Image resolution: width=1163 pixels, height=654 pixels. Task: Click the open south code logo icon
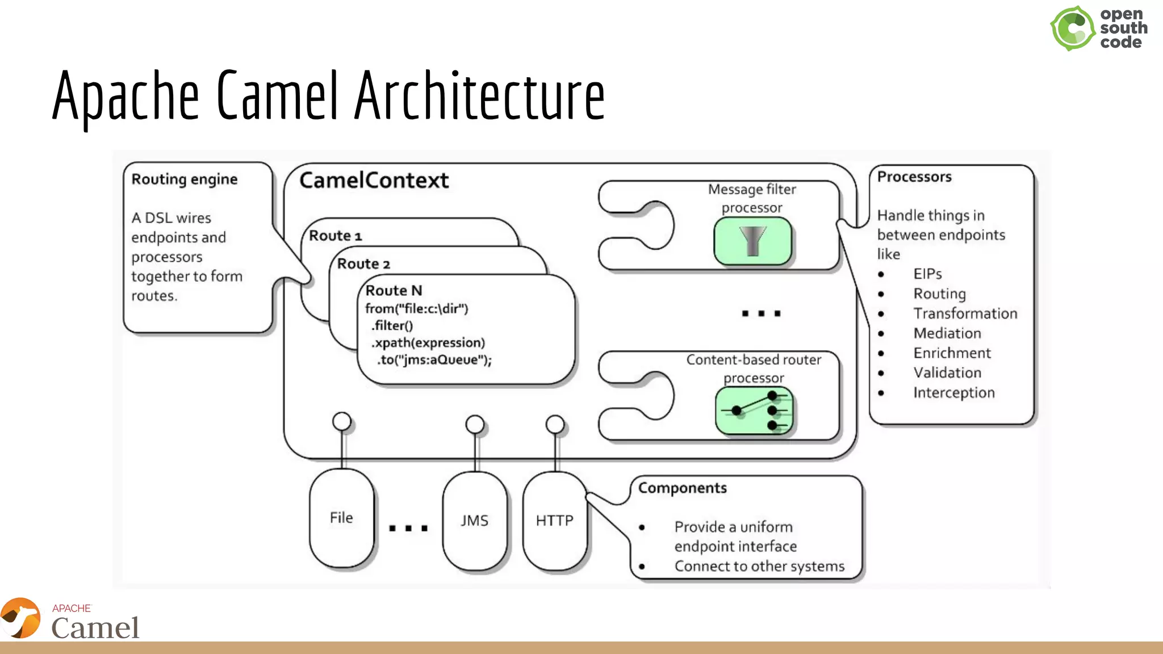pos(1072,28)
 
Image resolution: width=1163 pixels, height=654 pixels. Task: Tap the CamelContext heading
pos(374,181)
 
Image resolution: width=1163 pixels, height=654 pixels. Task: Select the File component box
pos(341,518)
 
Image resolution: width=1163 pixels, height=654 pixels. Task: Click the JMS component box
pos(474,520)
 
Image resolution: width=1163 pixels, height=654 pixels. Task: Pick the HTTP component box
pos(554,520)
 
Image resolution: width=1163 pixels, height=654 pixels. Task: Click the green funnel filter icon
pos(752,241)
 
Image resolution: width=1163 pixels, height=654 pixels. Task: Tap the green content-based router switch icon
pos(754,410)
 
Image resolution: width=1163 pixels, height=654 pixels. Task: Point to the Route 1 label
pos(335,236)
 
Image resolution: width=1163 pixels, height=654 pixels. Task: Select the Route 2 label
pos(363,264)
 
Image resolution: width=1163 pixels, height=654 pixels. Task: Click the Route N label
pos(394,291)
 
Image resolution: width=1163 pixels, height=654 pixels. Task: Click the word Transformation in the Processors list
pos(965,313)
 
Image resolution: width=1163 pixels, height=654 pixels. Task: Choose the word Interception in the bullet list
pos(953,393)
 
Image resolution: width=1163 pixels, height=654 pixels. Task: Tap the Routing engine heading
pos(185,179)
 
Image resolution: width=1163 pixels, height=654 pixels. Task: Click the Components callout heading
pos(682,488)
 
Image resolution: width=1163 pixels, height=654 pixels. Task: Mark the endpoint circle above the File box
pos(342,421)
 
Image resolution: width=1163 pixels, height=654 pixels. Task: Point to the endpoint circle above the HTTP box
pos(555,424)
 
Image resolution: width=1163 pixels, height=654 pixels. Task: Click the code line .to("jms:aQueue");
pos(434,360)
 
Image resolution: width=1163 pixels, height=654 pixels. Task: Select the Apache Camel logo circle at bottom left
pos(20,618)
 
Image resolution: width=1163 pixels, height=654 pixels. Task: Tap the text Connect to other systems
pos(759,567)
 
